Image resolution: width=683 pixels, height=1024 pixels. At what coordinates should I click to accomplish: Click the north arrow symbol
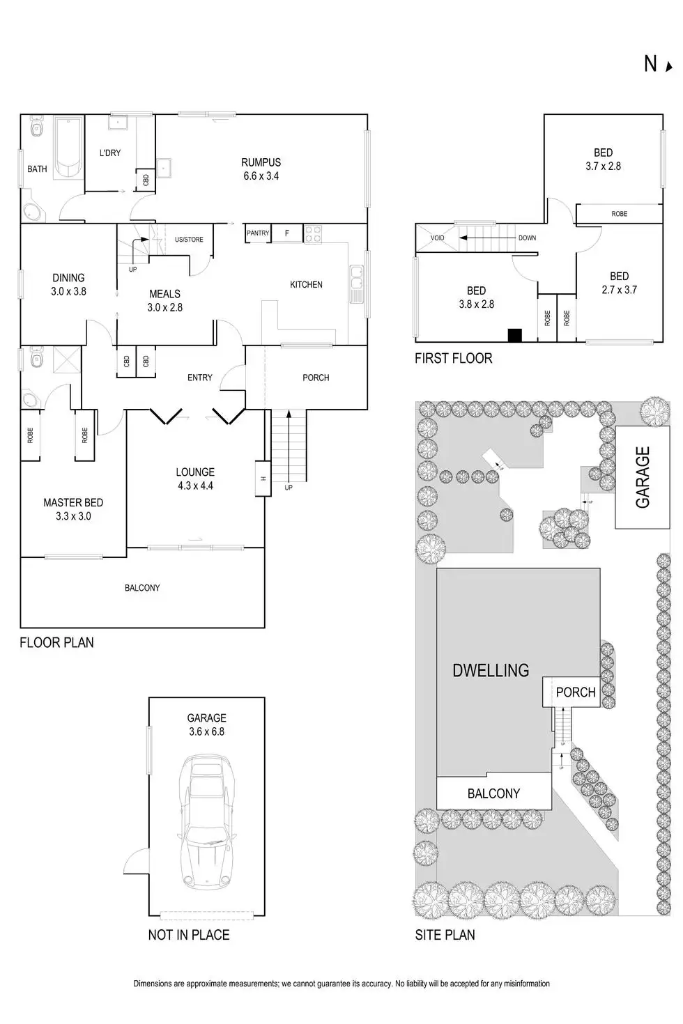click(x=669, y=67)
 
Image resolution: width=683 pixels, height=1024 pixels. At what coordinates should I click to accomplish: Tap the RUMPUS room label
click(x=261, y=162)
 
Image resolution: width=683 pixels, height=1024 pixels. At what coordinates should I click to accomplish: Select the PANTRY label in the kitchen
click(x=258, y=233)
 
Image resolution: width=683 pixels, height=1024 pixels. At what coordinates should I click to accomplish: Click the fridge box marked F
click(x=286, y=233)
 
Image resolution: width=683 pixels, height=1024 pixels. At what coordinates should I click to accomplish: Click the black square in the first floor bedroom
click(x=514, y=335)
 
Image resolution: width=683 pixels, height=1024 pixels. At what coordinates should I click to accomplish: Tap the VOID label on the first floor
click(x=437, y=238)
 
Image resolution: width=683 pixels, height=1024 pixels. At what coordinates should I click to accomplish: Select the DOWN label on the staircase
click(x=527, y=238)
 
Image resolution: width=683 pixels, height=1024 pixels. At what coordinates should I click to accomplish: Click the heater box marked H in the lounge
click(x=263, y=479)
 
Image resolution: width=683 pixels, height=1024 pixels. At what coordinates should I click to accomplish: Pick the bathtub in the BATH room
click(x=68, y=148)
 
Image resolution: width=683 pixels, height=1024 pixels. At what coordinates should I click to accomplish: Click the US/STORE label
click(x=189, y=240)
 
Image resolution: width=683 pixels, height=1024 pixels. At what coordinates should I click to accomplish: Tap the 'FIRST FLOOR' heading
click(x=453, y=358)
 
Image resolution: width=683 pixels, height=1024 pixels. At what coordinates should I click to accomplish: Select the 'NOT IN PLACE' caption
click(x=188, y=935)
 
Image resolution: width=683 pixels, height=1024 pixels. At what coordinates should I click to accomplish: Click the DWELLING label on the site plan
click(x=491, y=670)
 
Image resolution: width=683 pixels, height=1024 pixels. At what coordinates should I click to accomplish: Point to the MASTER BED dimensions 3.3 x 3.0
click(x=73, y=516)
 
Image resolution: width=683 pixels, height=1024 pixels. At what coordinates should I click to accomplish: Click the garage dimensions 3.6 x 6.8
click(x=206, y=731)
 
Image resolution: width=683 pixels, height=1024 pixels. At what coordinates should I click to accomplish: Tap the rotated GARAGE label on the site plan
click(x=642, y=477)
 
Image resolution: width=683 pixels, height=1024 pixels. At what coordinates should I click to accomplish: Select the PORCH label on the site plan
click(x=576, y=692)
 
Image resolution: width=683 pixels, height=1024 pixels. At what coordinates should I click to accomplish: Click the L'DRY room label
click(x=110, y=153)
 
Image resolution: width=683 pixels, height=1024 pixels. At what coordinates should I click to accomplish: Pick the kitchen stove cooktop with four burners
click(x=312, y=233)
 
